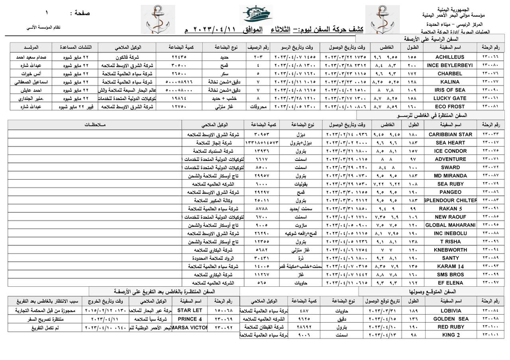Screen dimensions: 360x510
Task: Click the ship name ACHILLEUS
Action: coord(450,57)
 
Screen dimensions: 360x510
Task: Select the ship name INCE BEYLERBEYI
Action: coord(450,65)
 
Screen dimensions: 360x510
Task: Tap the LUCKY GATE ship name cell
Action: coord(450,98)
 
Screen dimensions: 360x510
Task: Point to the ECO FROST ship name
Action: coord(450,107)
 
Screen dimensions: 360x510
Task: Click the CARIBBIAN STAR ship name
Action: coord(450,135)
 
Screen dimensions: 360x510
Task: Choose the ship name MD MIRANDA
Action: coord(450,176)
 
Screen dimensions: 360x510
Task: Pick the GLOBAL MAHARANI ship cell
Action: coord(450,225)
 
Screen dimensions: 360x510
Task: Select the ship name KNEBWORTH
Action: coord(450,250)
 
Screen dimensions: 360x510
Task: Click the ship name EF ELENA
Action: coord(450,283)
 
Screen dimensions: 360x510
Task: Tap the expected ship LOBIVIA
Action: coord(451,311)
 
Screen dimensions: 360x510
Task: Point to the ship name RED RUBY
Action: coord(451,327)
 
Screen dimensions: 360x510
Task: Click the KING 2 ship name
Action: coord(451,335)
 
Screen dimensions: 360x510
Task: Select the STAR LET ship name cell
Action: coord(190,310)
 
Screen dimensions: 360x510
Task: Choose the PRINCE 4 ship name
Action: coord(190,319)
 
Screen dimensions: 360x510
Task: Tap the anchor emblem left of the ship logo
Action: coord(160,20)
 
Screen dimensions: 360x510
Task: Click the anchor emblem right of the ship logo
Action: coord(382,20)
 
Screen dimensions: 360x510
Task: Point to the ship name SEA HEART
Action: coord(450,143)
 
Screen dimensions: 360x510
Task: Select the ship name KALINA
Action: coord(450,82)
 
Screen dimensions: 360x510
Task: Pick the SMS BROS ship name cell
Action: coord(450,274)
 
